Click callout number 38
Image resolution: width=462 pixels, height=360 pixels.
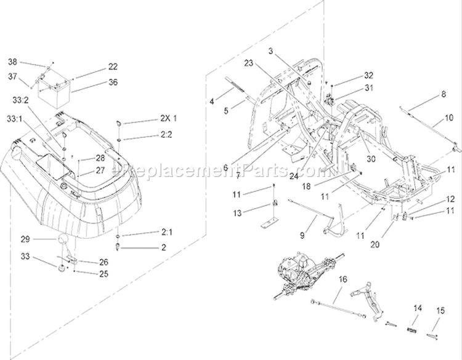12,62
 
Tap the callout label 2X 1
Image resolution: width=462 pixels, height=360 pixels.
169,118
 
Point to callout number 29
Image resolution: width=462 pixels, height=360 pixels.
25,239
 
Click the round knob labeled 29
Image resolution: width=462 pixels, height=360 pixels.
63,238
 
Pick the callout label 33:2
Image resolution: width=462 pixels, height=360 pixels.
20,100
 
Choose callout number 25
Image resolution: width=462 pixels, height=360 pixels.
103,274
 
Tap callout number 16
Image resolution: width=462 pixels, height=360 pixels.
343,279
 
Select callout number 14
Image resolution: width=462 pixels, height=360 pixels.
418,308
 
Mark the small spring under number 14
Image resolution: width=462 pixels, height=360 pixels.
411,330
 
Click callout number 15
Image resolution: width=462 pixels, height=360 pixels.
440,311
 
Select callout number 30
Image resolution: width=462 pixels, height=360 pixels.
371,159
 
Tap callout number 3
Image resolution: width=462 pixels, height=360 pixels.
271,51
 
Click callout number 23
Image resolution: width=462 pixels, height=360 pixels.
249,63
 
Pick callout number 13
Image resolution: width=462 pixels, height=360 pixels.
237,213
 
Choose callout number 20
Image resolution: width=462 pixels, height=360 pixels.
375,244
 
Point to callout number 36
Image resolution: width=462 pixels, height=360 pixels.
113,82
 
